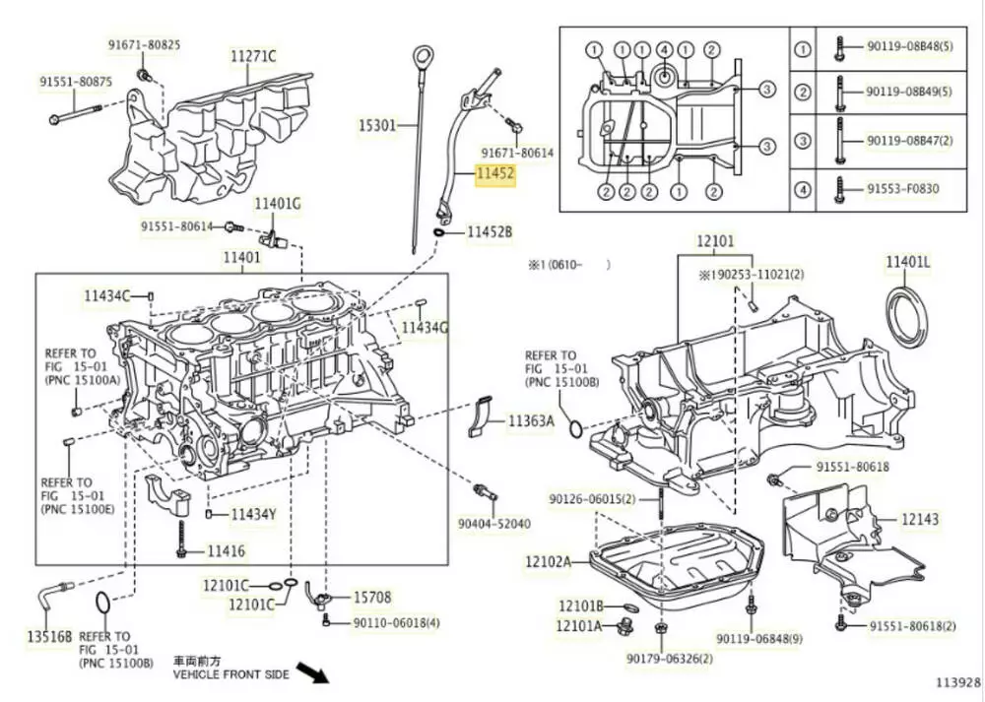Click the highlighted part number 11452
(495, 174)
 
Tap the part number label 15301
(376, 126)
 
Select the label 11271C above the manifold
(253, 56)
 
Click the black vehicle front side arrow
(312, 673)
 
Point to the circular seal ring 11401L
(907, 317)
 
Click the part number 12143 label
(919, 519)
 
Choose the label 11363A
(531, 421)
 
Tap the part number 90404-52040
(494, 523)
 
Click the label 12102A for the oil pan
(548, 561)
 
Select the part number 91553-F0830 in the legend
(902, 188)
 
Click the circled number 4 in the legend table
(803, 188)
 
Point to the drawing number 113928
(957, 681)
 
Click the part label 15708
(372, 597)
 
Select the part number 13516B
(49, 636)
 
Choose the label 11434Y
(253, 514)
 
